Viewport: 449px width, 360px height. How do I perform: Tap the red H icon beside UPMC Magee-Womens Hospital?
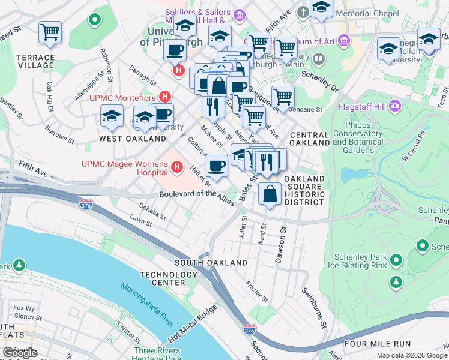pos(176,168)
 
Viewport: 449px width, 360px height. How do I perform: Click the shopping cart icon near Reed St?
pos(50,32)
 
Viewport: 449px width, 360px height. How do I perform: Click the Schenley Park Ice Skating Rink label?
pos(360,259)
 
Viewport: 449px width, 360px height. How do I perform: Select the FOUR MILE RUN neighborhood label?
pos(378,344)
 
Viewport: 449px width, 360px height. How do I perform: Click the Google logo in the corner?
pos(20,353)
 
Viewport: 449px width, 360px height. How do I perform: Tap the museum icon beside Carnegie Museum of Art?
pos(344,41)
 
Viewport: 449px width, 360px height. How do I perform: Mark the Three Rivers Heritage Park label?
pos(158,354)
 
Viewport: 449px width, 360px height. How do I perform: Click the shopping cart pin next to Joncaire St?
pos(282,96)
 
